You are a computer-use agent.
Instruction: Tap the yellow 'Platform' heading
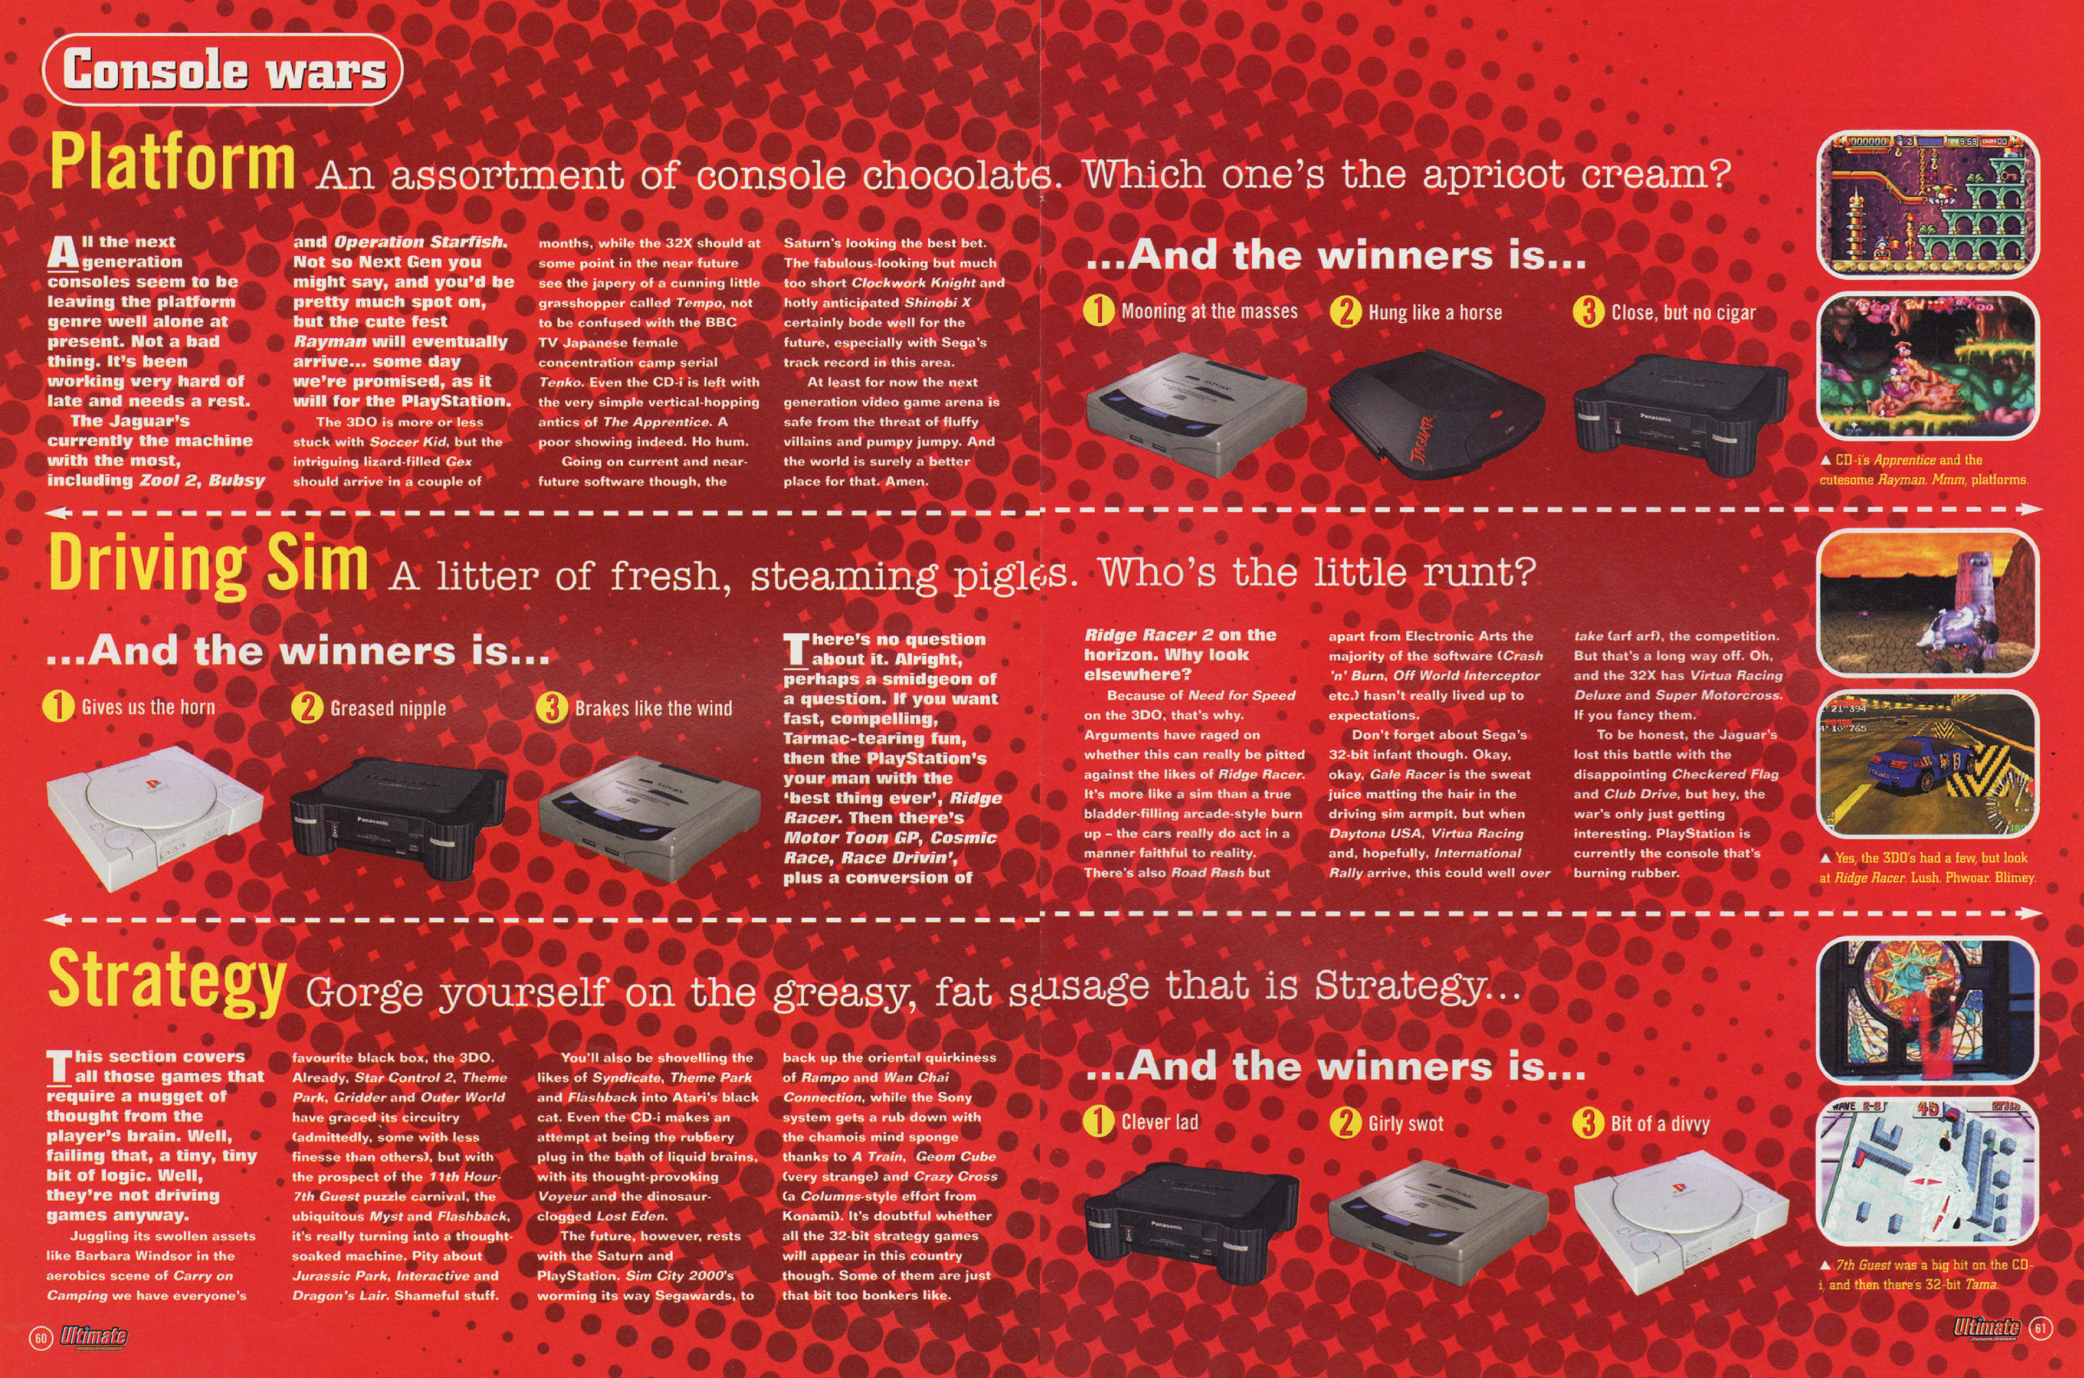[x=172, y=161]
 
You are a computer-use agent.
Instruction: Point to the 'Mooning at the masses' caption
[x=1208, y=311]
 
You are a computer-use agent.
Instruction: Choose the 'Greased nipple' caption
[x=388, y=708]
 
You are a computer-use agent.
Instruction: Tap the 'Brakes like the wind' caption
[x=653, y=708]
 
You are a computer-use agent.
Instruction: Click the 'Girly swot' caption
[x=1405, y=1123]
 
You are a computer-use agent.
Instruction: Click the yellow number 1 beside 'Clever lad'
[x=1099, y=1122]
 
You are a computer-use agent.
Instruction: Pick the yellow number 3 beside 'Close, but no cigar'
[x=1587, y=312]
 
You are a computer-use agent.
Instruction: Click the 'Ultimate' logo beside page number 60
[x=93, y=1337]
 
